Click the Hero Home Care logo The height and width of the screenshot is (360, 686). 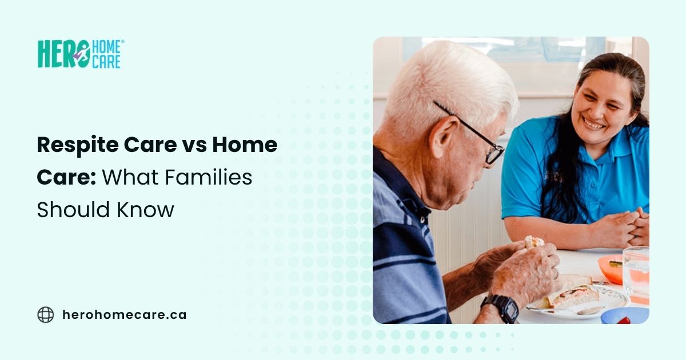point(79,54)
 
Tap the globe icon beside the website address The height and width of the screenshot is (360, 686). point(46,315)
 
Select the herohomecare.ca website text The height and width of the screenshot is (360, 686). point(124,315)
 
